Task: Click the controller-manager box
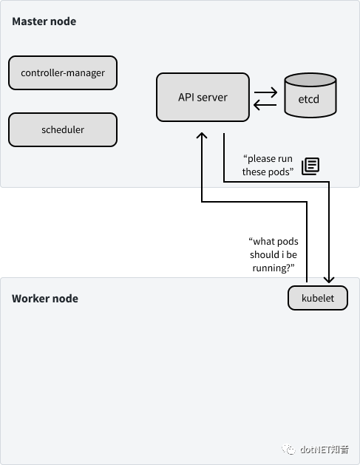(x=63, y=72)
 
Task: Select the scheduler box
(x=63, y=129)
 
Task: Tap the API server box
(x=203, y=98)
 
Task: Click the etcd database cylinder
(x=310, y=95)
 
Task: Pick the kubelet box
(x=318, y=298)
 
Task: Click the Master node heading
(x=44, y=21)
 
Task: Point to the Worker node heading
(x=45, y=299)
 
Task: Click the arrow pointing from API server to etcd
(x=265, y=92)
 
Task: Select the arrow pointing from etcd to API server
(x=265, y=105)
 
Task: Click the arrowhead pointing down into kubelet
(x=329, y=279)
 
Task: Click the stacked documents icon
(x=310, y=166)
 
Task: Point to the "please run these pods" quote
(x=268, y=165)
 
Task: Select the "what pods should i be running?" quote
(x=274, y=255)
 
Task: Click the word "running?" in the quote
(x=274, y=268)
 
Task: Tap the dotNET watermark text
(x=324, y=449)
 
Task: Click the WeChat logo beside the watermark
(x=288, y=449)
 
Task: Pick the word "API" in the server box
(x=186, y=98)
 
